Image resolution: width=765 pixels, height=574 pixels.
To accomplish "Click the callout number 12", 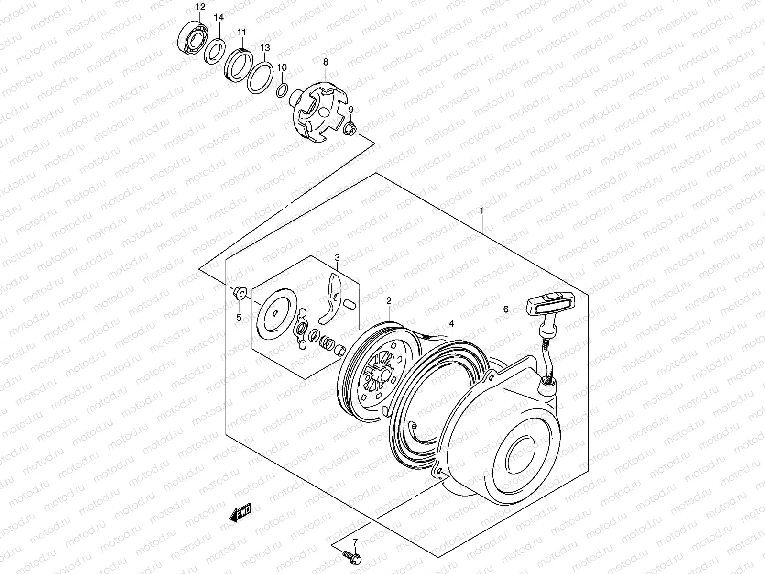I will click(200, 7).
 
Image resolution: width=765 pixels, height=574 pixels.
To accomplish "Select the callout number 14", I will click(219, 17).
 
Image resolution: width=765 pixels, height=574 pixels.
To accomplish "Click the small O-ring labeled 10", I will click(282, 89).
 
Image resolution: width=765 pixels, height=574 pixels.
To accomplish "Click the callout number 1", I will click(482, 210).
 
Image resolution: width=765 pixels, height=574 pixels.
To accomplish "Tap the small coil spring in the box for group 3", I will click(327, 342).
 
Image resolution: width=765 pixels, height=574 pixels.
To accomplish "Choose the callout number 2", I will click(389, 301).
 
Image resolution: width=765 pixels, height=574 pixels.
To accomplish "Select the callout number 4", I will click(452, 324).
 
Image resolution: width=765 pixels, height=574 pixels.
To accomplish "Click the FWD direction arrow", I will click(240, 513).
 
